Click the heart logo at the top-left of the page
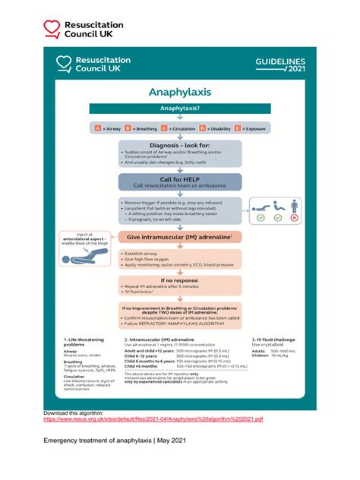click(52, 29)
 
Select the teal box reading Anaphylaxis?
click(179, 109)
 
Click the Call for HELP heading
click(179, 178)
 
